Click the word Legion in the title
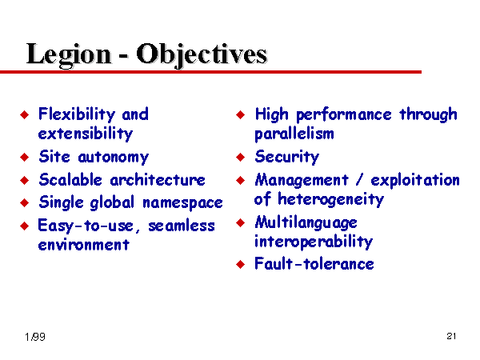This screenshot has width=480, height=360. pyautogui.click(x=69, y=55)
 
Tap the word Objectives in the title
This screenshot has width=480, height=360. pyautogui.click(x=202, y=55)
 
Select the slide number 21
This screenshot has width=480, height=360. pyautogui.click(x=451, y=336)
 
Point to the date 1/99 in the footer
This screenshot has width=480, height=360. pyautogui.click(x=35, y=337)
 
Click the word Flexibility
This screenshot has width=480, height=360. pyautogui.click(x=77, y=115)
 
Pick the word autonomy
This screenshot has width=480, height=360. pyautogui.click(x=114, y=158)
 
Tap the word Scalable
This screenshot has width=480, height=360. pyautogui.click(x=70, y=180)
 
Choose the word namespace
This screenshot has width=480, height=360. pyautogui.click(x=182, y=203)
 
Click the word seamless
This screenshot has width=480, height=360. pyautogui.click(x=182, y=226)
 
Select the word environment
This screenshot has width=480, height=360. pyautogui.click(x=84, y=245)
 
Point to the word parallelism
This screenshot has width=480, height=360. pyautogui.click(x=294, y=134)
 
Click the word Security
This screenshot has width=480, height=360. pyautogui.click(x=287, y=158)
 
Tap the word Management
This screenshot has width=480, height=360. pyautogui.click(x=302, y=180)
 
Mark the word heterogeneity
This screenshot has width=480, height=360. pyautogui.click(x=331, y=199)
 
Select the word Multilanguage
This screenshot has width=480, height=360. pyautogui.click(x=306, y=222)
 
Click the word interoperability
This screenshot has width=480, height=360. pyautogui.click(x=314, y=242)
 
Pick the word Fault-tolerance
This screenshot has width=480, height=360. pyautogui.click(x=314, y=264)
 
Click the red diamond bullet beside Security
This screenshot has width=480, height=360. pyautogui.click(x=241, y=158)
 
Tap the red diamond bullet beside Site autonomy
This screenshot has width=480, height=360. pyautogui.click(x=25, y=158)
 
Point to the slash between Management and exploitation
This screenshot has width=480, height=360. pyautogui.click(x=360, y=180)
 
